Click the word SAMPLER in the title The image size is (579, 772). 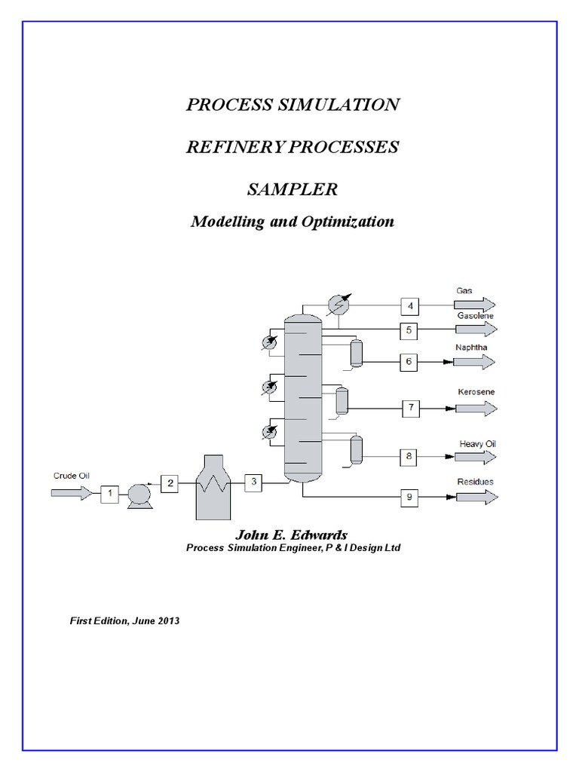pyautogui.click(x=293, y=190)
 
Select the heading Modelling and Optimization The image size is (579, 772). pyautogui.click(x=293, y=222)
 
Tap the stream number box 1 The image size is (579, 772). pyautogui.click(x=109, y=493)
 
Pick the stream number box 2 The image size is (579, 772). pyautogui.click(x=170, y=484)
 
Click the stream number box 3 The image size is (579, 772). pyautogui.click(x=253, y=482)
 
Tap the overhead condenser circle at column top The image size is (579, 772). pyautogui.click(x=340, y=305)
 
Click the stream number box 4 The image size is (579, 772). pyautogui.click(x=409, y=305)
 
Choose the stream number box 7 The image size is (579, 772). pyautogui.click(x=412, y=408)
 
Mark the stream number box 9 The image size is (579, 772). pyautogui.click(x=409, y=497)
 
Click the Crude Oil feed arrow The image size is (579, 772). pyautogui.click(x=70, y=492)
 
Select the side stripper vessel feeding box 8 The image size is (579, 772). pyautogui.click(x=356, y=449)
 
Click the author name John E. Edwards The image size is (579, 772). pyautogui.click(x=293, y=534)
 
